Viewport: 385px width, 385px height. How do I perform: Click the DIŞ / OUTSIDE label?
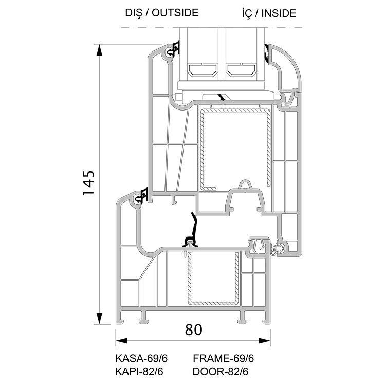(x=162, y=13)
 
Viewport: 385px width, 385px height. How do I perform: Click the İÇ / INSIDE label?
(x=269, y=13)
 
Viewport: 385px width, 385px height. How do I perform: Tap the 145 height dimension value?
(x=88, y=183)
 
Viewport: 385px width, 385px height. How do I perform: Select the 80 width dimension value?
(x=193, y=329)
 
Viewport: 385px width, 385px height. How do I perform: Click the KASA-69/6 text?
(x=141, y=358)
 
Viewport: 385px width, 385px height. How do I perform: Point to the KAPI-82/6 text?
(x=139, y=372)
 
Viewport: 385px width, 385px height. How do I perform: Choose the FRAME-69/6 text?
(x=223, y=358)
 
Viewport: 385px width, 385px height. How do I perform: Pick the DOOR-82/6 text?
(x=221, y=372)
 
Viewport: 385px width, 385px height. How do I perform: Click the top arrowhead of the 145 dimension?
(x=99, y=50)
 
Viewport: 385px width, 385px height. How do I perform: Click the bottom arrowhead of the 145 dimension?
(x=99, y=318)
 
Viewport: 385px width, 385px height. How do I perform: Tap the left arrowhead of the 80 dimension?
(x=121, y=341)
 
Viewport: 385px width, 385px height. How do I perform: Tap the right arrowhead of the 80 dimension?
(x=264, y=341)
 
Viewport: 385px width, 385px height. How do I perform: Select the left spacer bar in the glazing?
(x=203, y=69)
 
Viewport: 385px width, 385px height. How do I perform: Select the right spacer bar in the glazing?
(x=241, y=69)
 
